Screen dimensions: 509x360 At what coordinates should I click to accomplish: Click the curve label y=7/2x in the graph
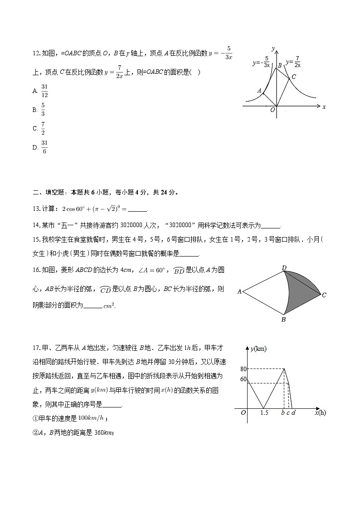pos(293,62)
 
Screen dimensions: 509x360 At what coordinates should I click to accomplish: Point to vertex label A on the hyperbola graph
pos(259,91)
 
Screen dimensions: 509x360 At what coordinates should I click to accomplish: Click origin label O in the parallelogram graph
pos(272,110)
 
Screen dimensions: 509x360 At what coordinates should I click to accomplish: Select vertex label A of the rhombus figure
pos(239,292)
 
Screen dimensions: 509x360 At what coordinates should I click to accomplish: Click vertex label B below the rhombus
pos(283,319)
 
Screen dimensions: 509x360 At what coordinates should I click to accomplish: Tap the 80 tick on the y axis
pos(243,369)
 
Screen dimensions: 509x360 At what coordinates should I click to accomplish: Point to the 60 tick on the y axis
pos(243,379)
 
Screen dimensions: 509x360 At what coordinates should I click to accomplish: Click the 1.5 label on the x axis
pos(264,412)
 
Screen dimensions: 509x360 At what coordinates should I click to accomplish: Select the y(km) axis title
pos(258,349)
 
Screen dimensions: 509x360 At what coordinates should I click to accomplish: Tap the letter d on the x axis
pos(293,412)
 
